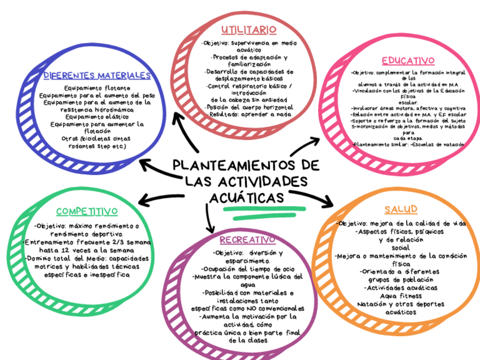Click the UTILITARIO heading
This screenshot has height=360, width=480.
[248, 29]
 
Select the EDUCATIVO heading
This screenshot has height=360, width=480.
[408, 61]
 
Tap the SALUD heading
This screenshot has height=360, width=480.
[400, 209]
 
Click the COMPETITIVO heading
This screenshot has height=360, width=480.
[87, 212]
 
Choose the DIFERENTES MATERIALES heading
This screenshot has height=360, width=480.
[97, 75]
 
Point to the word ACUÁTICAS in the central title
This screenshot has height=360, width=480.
[247, 198]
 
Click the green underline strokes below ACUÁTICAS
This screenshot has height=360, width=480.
[260, 213]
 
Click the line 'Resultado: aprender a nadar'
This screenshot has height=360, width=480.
[250, 114]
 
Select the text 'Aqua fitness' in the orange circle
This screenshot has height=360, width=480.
[401, 295]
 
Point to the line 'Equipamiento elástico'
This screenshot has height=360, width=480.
[97, 117]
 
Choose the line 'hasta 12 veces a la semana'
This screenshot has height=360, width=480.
[87, 250]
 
